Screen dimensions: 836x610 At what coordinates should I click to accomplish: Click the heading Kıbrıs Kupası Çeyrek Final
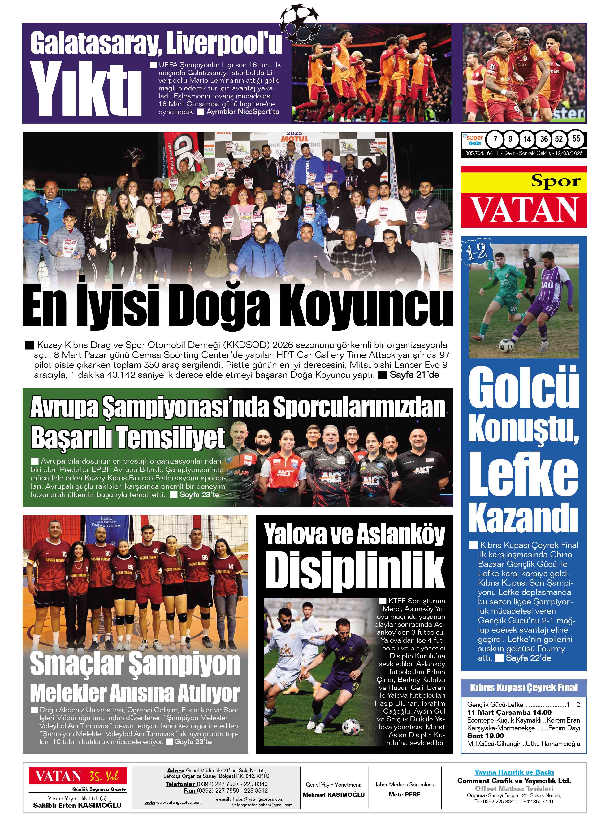coord(524,688)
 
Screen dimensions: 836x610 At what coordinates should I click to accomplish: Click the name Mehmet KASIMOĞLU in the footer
coord(333,795)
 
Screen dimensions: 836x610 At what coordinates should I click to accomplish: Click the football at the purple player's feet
coord(504,345)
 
